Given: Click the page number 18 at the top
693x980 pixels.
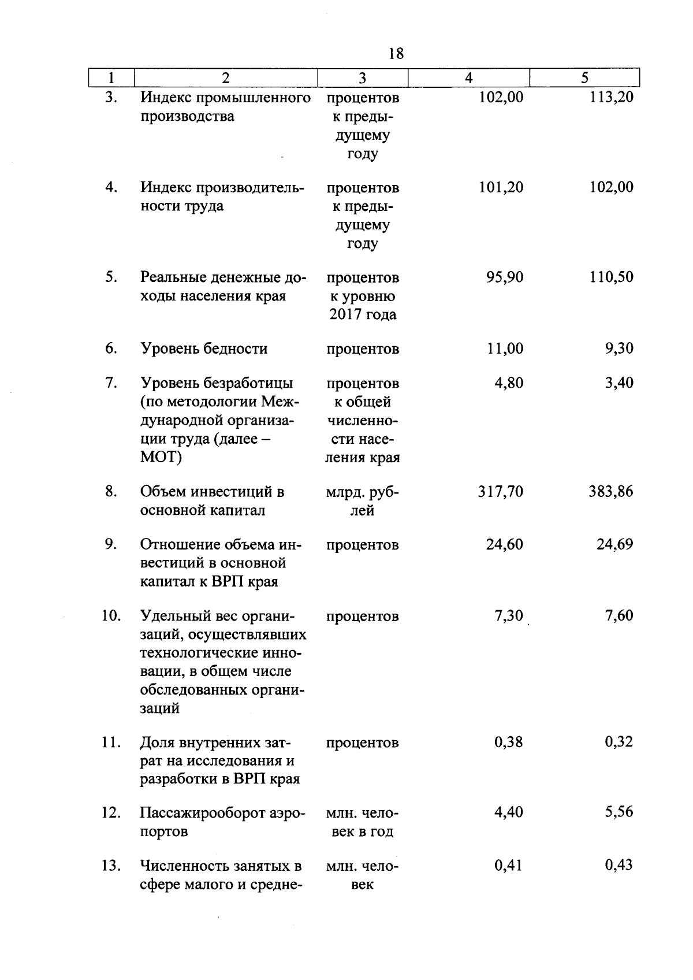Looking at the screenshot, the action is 396,54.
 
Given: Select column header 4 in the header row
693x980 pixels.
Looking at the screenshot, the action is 469,78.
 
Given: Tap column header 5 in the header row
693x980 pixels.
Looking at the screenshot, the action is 585,78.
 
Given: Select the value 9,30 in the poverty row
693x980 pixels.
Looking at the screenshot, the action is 619,348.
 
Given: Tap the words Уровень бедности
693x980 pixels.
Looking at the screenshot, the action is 204,349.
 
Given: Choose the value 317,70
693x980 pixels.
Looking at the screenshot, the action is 501,492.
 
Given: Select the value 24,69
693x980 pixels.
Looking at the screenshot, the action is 615,544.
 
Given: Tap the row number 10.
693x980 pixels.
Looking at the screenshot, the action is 111,616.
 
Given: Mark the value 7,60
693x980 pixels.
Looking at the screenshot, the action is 619,616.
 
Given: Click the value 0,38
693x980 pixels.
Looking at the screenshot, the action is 509,742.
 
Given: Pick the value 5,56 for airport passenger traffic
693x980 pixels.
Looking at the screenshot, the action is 619,812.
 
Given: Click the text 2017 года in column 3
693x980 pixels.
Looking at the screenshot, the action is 363,315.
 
